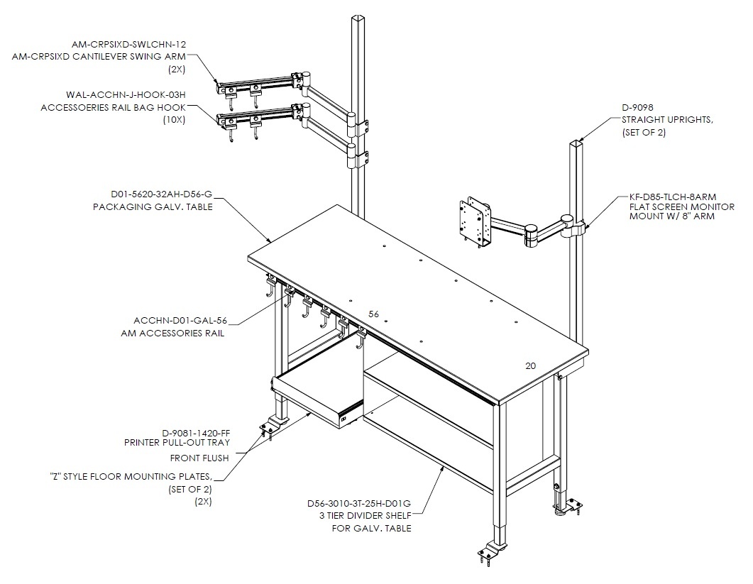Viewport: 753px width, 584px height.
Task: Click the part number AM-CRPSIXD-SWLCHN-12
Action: [x=128, y=44]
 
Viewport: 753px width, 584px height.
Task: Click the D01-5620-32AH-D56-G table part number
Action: [x=161, y=194]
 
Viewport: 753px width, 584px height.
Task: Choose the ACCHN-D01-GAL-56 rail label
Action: [x=180, y=320]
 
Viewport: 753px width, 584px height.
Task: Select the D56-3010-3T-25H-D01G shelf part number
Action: [x=359, y=504]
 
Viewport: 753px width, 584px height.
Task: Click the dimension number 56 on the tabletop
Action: [x=373, y=314]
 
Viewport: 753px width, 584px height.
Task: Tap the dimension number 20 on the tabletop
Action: [x=530, y=366]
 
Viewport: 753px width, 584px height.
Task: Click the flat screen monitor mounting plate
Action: [x=475, y=221]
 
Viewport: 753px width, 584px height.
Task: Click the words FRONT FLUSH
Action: [x=199, y=458]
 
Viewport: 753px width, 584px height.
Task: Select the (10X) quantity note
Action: [x=173, y=120]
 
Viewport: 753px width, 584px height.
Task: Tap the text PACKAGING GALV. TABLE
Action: [x=153, y=207]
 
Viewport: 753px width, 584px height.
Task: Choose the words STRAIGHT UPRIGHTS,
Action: [x=668, y=120]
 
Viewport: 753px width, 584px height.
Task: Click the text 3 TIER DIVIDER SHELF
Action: [x=365, y=516]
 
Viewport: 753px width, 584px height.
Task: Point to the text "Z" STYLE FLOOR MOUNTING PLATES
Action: [x=131, y=476]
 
